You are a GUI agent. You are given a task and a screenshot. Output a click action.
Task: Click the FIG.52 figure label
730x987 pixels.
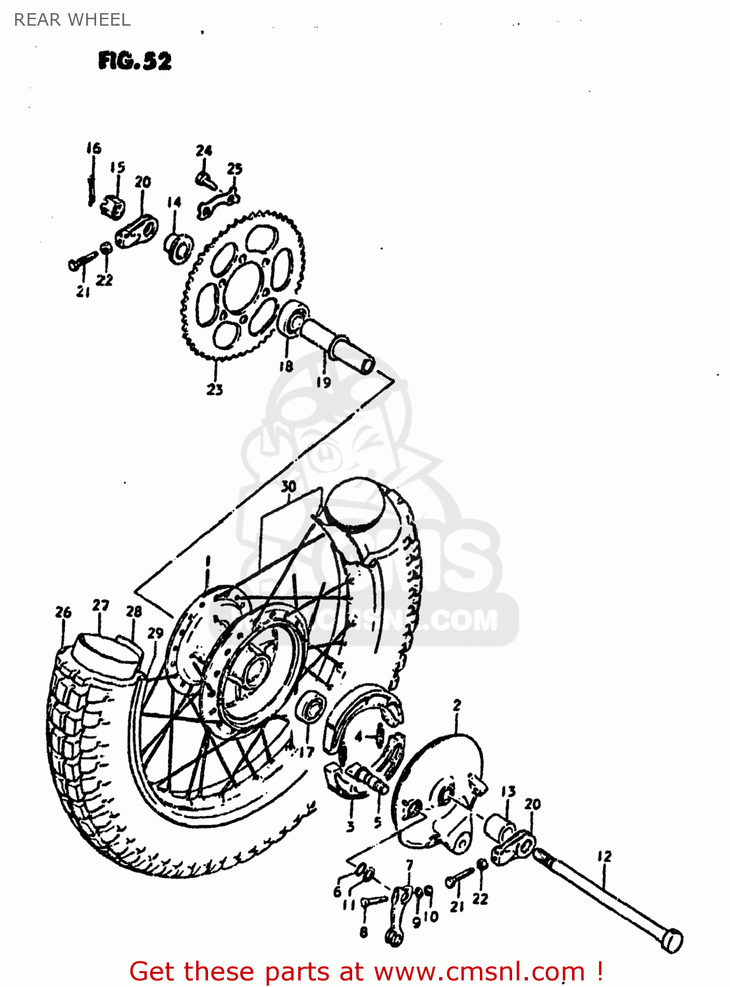click(135, 61)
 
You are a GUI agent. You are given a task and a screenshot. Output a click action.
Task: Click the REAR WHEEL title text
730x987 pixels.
click(72, 20)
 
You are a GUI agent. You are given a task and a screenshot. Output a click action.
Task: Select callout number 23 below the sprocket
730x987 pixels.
click(215, 389)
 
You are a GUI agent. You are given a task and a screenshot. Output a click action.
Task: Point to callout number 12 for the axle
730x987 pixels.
click(604, 856)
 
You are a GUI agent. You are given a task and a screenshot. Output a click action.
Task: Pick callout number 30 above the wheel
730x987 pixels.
click(288, 486)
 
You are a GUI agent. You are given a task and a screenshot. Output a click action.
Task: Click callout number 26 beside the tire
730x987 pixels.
click(63, 612)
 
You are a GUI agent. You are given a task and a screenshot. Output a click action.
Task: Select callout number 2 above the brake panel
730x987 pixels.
click(457, 705)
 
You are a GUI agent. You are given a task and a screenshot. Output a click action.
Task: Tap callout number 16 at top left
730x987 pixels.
click(93, 148)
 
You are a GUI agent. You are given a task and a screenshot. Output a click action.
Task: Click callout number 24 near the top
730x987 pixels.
click(204, 150)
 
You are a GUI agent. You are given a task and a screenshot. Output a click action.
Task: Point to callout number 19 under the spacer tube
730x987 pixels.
click(323, 382)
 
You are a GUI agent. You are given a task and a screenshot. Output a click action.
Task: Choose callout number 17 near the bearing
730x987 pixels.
click(306, 751)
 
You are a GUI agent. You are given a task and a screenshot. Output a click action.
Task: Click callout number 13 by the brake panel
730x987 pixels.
click(508, 791)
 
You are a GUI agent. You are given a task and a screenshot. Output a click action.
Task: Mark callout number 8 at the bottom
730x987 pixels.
click(363, 932)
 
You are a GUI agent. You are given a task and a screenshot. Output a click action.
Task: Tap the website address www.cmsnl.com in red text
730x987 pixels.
click(480, 971)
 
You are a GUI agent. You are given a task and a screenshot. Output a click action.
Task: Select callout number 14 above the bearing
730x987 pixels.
click(174, 201)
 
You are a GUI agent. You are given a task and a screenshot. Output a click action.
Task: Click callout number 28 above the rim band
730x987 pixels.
click(134, 611)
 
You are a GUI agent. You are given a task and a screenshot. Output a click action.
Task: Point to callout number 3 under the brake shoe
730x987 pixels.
click(350, 826)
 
